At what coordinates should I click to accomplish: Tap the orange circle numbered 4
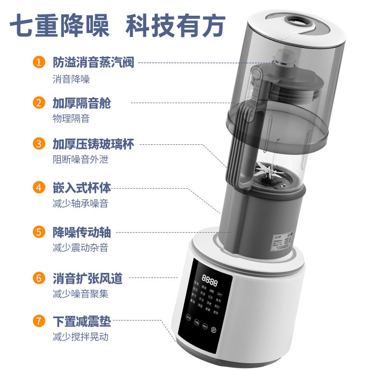[x=39, y=188]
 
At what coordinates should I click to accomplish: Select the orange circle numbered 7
[x=39, y=321]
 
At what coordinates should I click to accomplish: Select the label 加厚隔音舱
[x=81, y=103]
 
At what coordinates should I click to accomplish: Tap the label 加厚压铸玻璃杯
[x=93, y=144]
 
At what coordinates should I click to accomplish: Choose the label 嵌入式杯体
[x=81, y=188]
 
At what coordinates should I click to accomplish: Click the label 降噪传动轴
[x=81, y=232]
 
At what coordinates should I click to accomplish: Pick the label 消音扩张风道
[x=87, y=278]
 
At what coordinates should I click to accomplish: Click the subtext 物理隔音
[x=71, y=118]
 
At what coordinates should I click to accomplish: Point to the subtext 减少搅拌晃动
[x=80, y=336]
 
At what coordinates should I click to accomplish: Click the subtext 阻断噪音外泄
[x=80, y=160]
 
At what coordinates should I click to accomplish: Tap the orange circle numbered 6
[x=39, y=278]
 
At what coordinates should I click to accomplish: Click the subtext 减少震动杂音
[x=80, y=247]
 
